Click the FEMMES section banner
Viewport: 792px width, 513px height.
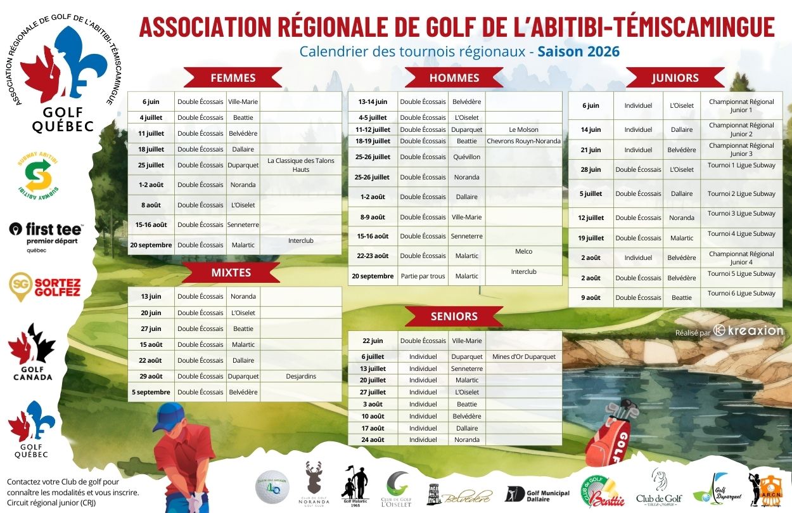click(x=233, y=78)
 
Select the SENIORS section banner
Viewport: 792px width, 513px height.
click(x=454, y=316)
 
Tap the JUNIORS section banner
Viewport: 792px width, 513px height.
click(x=675, y=78)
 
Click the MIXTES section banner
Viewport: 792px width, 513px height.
click(x=231, y=273)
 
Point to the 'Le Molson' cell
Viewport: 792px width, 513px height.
click(x=523, y=129)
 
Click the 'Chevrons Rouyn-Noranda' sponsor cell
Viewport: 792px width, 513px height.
click(x=523, y=141)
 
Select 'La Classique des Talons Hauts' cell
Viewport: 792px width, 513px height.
click(x=300, y=165)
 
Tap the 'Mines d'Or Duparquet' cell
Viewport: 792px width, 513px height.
click(x=523, y=356)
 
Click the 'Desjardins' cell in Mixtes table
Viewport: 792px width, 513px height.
click(x=300, y=376)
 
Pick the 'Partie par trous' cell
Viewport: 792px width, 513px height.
click(x=423, y=276)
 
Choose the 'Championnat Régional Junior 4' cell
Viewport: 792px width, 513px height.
click(x=741, y=258)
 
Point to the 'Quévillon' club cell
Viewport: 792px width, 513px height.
click(x=467, y=157)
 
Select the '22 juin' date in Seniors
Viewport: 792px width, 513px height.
click(x=373, y=341)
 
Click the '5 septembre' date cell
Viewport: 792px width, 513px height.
click(x=151, y=392)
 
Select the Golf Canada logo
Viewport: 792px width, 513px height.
click(x=32, y=352)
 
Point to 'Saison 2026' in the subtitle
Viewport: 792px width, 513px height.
click(x=578, y=51)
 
